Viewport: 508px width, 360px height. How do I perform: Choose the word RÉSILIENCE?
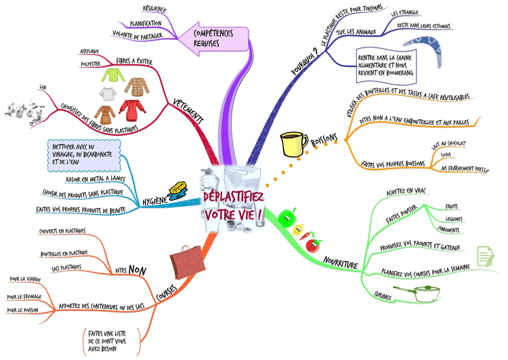coord(154,10)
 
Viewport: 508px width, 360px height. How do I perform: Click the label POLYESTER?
coord(91,64)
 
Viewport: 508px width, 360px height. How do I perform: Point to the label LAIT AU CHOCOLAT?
coord(448,144)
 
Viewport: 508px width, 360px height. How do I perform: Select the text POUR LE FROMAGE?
coord(23,297)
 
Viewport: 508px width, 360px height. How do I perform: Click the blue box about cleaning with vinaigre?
coord(85,155)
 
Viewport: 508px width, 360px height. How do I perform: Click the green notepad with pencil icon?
coord(485,256)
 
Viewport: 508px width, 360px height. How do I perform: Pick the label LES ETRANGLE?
coord(404,13)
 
